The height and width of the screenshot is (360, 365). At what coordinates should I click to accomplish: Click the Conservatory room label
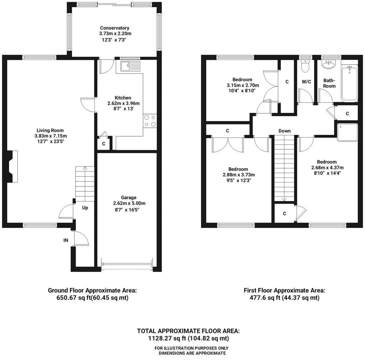114,28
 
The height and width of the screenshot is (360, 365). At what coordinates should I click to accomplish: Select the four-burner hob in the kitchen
150,121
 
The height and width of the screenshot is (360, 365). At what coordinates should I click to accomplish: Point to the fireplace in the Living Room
12,166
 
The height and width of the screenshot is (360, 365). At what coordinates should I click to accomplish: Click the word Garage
128,197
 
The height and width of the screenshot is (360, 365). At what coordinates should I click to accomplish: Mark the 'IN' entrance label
66,240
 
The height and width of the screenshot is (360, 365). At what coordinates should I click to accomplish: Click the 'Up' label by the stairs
85,207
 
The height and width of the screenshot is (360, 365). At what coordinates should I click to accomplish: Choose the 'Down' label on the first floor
284,131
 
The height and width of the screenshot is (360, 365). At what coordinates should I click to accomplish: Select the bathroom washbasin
328,64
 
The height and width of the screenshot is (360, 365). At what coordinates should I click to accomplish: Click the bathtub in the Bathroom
349,83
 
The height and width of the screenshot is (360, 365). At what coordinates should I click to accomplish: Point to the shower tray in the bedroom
347,132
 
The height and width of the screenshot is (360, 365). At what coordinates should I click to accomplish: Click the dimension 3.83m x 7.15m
51,136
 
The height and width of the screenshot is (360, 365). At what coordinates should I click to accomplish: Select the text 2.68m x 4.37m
328,168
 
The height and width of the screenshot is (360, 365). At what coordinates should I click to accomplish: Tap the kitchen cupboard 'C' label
104,144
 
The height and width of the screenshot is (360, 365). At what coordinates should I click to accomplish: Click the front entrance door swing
81,238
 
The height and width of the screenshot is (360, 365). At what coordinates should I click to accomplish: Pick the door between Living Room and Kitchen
88,105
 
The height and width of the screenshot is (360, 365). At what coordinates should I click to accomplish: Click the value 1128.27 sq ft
168,338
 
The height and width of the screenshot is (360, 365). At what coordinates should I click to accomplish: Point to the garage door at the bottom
127,264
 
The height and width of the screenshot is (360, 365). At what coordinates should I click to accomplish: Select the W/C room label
306,82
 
